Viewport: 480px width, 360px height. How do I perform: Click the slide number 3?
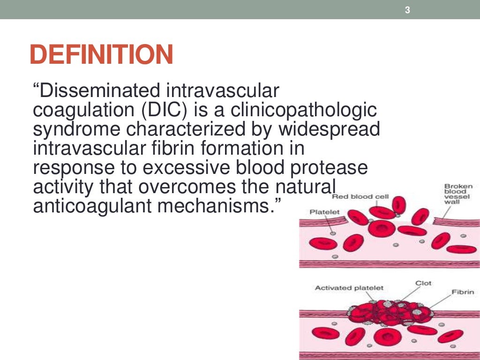point(407,10)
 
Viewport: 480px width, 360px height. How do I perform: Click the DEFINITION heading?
point(101,55)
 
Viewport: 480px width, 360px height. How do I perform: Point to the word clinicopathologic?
point(300,110)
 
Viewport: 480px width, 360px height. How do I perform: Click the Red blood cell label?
point(360,196)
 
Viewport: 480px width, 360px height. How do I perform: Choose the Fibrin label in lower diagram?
point(462,292)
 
